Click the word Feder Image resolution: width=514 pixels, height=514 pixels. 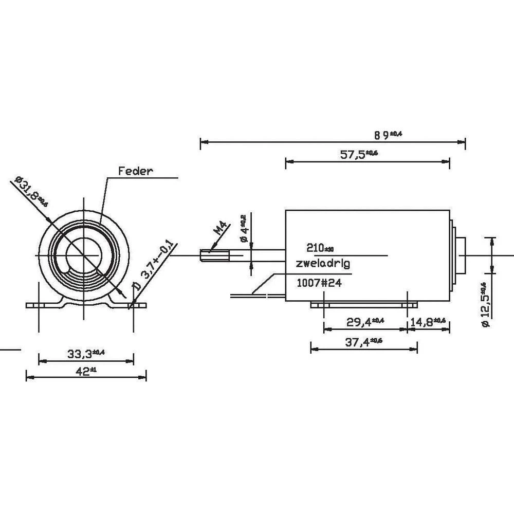pyautogui.click(x=136, y=171)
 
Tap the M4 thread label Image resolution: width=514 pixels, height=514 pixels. pyautogui.click(x=219, y=228)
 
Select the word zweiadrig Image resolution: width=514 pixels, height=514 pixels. pyautogui.click(x=323, y=264)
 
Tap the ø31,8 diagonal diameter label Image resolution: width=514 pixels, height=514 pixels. pyautogui.click(x=31, y=192)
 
